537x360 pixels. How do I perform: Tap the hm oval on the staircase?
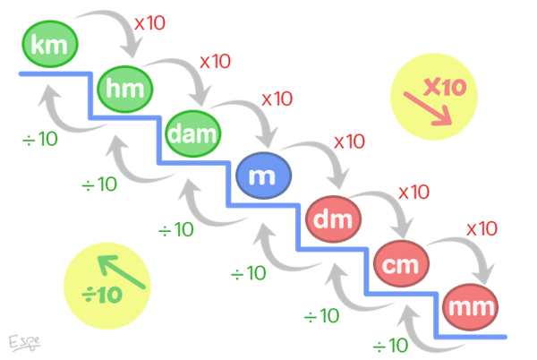124,89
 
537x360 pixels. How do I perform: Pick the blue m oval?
262,177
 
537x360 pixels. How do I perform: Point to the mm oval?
470,306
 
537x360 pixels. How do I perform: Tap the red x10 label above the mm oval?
482,228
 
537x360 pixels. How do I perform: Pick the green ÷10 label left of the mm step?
390,345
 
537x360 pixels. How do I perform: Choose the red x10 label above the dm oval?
349,141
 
